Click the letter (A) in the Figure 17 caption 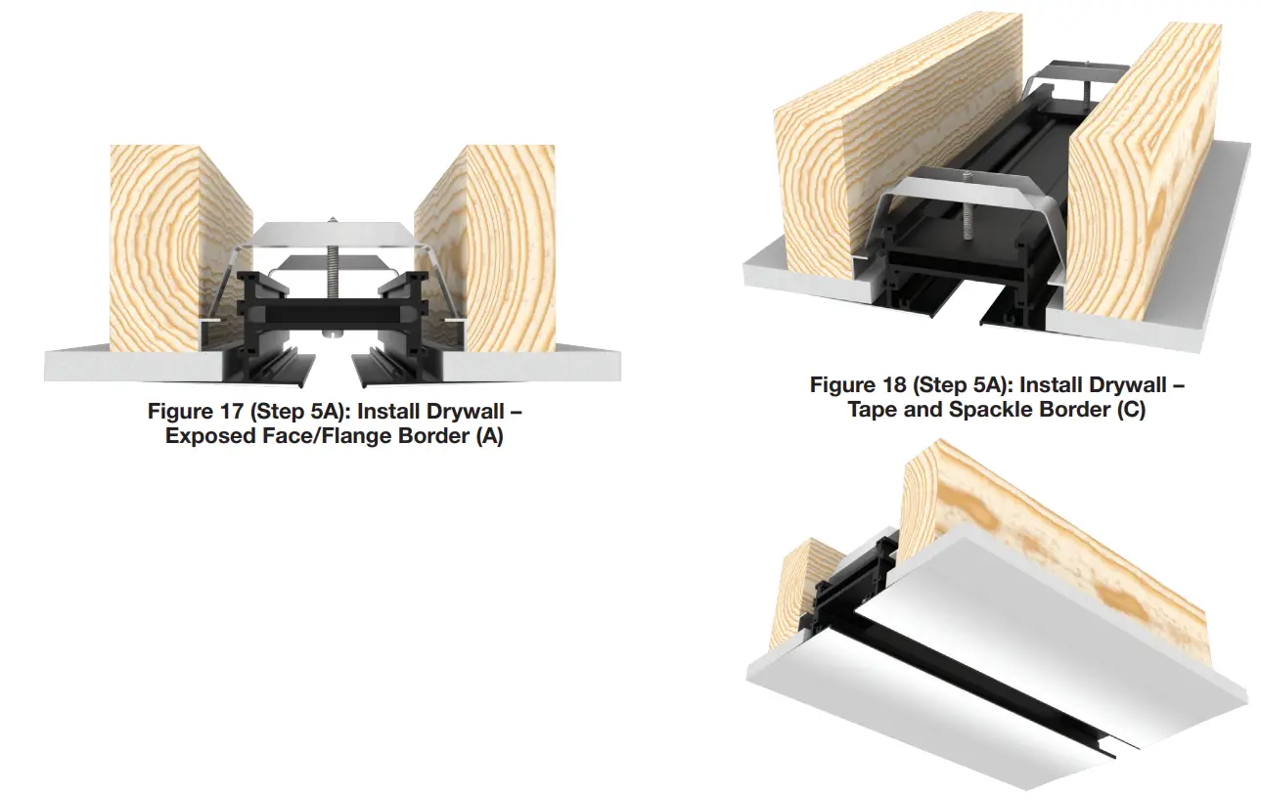pos(488,436)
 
